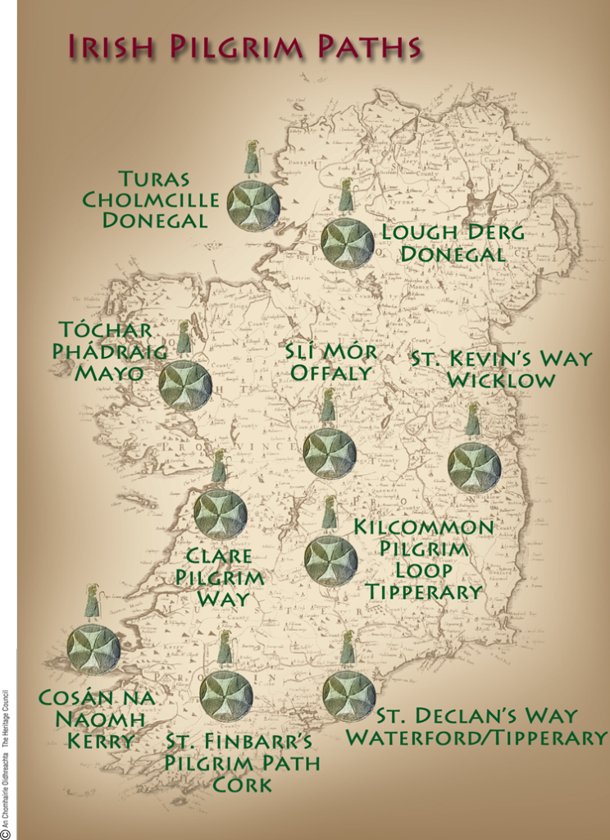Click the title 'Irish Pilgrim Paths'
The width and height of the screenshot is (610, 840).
(244, 48)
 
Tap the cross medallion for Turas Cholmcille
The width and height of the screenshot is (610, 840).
(253, 206)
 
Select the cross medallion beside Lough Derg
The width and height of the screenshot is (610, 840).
(347, 244)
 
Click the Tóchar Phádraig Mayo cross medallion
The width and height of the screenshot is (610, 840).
(185, 386)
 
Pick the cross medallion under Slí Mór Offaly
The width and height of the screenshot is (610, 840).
(330, 454)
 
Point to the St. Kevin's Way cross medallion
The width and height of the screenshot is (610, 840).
(474, 468)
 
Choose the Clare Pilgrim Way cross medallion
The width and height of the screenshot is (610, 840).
(220, 514)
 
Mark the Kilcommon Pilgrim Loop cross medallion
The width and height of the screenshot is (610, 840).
(330, 561)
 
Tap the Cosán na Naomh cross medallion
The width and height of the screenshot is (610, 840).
(93, 650)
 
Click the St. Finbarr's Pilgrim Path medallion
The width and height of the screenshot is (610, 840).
(225, 696)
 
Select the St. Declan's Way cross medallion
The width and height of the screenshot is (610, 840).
(348, 696)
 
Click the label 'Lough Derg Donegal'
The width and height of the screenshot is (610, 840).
(453, 244)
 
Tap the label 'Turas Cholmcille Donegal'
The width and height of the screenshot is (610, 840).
(152, 199)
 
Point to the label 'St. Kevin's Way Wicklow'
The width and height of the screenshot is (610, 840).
(500, 370)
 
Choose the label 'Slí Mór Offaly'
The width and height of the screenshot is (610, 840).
(331, 362)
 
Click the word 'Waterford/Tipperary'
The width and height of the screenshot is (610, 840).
(476, 737)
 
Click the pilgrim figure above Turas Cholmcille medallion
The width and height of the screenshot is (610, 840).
(252, 159)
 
